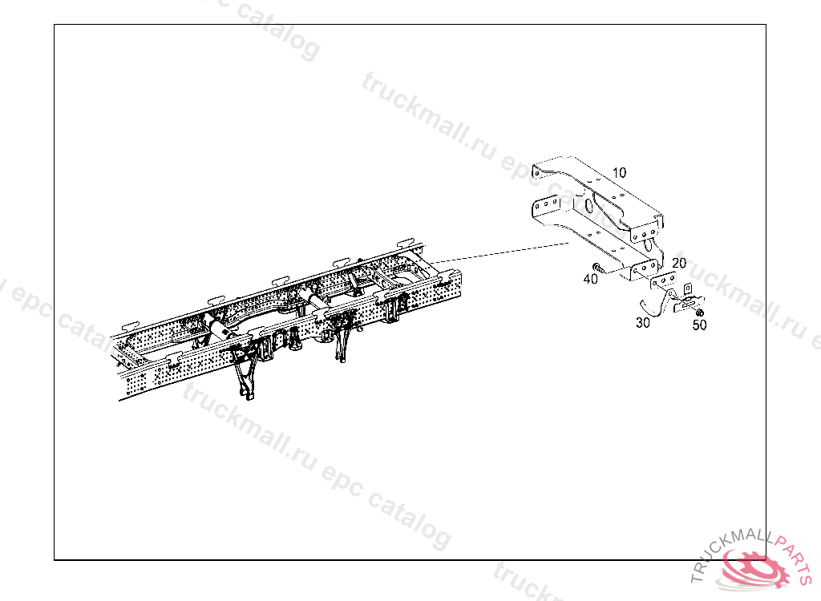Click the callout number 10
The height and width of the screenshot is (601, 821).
619,172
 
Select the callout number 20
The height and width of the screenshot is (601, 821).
679,263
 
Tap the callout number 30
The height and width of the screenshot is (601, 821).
642,323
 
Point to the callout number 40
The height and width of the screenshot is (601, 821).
591,279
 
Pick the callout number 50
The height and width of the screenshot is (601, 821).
699,325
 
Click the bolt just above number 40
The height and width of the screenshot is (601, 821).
599,267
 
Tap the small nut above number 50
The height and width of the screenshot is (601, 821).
699,312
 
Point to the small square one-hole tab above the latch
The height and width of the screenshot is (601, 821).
687,289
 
